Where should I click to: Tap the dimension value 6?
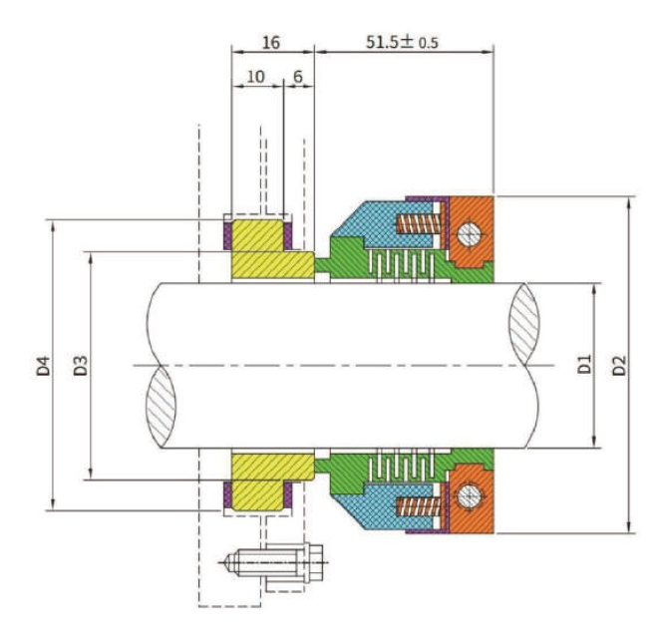click(x=297, y=77)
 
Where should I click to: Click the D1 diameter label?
click(x=586, y=365)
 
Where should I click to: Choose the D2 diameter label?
click(x=621, y=365)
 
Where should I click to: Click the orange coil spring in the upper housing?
click(x=418, y=225)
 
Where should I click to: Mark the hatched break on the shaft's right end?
click(x=526, y=324)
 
